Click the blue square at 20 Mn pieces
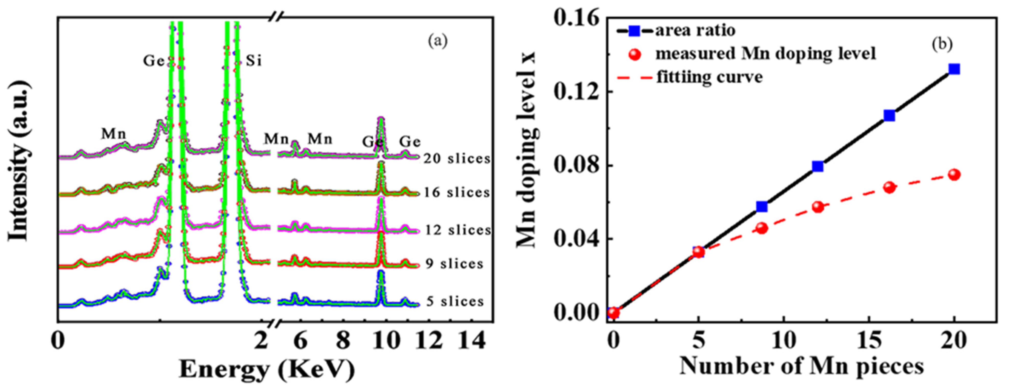pos(954,69)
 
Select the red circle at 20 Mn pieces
pos(954,175)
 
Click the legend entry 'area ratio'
pos(695,30)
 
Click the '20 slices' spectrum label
pos(457,158)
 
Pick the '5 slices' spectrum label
pos(455,301)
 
